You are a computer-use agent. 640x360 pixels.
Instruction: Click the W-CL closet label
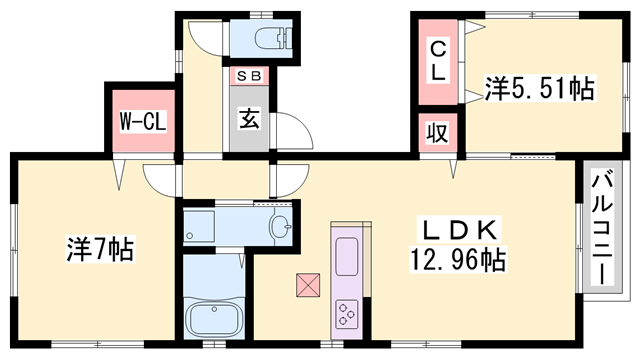(x=142, y=122)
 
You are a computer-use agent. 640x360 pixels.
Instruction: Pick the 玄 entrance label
(x=249, y=116)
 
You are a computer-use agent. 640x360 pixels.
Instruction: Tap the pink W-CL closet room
(x=142, y=120)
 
